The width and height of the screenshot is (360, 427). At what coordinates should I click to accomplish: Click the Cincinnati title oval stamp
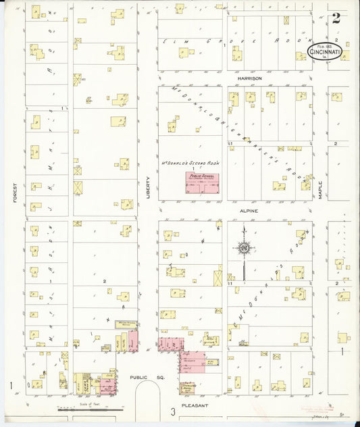[x=325, y=51]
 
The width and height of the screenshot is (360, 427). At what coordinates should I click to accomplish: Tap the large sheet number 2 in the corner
[x=336, y=18]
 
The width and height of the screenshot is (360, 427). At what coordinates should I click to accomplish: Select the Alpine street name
[x=249, y=211]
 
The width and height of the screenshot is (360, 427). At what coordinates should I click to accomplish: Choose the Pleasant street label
[x=200, y=405]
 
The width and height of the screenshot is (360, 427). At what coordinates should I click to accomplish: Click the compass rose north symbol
[x=242, y=249]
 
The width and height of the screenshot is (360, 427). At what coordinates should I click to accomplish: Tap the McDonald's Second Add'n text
[x=192, y=163]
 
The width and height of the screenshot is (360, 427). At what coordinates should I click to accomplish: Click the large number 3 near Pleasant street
[x=173, y=411]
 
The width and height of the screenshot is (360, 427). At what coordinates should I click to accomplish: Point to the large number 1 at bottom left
[x=11, y=386]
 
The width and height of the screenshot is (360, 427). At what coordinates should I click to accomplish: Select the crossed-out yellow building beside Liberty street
[x=78, y=187]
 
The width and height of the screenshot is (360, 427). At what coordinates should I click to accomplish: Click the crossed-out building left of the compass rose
[x=217, y=276]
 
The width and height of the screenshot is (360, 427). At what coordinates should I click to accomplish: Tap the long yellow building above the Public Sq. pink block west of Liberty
[x=126, y=325]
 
